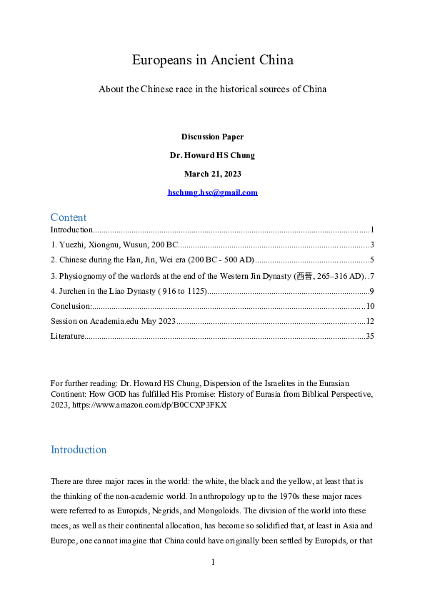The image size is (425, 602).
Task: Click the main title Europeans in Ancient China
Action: tap(212, 60)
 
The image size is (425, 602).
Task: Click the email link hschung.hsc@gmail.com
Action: tap(212, 192)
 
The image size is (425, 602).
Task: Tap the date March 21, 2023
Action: tap(212, 174)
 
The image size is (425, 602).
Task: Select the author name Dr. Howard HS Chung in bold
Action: tap(212, 155)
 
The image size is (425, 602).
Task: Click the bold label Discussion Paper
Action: tap(212, 137)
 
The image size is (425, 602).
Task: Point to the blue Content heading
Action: tap(69, 217)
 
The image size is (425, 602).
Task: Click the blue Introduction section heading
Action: tap(79, 450)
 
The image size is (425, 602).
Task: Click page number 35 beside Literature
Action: tap(370, 336)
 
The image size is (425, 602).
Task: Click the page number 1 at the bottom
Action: tap(213, 562)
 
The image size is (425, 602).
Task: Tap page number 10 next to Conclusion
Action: tap(370, 305)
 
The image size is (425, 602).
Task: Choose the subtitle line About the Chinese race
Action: tap(212, 89)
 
